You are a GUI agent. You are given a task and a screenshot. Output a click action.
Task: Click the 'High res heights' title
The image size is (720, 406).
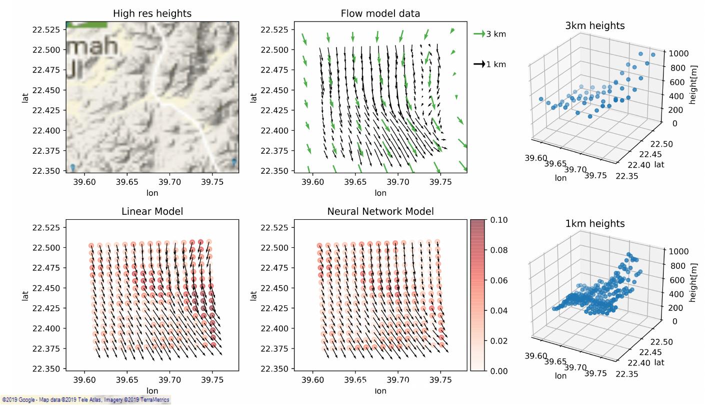pos(152,14)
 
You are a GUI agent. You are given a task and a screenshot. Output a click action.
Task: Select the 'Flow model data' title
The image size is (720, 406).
pos(380,14)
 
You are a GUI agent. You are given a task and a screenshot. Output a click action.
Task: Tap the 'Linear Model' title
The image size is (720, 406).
pos(152,211)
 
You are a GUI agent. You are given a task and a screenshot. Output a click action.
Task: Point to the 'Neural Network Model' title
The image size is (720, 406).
pos(380,211)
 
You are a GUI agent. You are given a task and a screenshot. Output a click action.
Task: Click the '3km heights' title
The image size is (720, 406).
pos(594,26)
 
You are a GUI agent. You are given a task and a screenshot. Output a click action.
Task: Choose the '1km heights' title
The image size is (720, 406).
pos(594,224)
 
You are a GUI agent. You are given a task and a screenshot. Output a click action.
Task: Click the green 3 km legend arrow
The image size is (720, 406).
pos(479,34)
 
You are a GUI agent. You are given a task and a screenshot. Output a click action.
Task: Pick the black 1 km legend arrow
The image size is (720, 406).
pos(479,64)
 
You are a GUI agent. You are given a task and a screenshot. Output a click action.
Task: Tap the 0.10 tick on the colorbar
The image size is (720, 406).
pos(498,220)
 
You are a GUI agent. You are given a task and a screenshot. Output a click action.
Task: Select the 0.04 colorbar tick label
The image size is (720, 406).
pos(498,310)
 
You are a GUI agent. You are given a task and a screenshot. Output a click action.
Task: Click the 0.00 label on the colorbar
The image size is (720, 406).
pos(498,370)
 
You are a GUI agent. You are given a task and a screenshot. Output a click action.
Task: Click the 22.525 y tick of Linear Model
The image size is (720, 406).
pos(46,227)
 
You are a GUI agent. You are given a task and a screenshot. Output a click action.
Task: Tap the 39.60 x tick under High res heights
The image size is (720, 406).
pos(84,182)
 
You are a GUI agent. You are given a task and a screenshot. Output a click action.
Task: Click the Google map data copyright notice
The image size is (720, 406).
pos(85,400)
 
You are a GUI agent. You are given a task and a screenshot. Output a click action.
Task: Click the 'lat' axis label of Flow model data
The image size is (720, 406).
pos(253,98)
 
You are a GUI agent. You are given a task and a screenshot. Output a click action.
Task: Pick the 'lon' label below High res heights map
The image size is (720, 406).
pos(152,192)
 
